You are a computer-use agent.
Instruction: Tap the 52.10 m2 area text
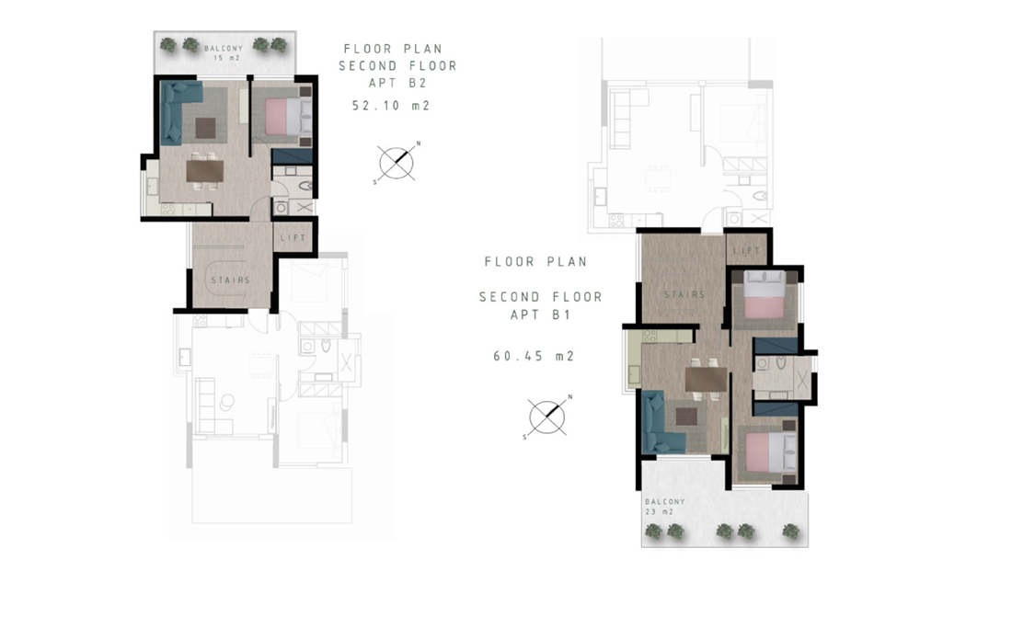pos(391,105)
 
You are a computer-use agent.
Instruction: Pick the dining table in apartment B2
pos(205,171)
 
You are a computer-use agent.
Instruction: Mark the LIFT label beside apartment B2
pos(293,237)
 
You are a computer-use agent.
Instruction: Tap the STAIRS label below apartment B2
pos(230,280)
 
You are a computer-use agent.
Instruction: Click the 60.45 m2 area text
pos(534,356)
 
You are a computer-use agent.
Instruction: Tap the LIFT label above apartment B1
pos(747,250)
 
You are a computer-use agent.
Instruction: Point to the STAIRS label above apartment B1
pos(684,294)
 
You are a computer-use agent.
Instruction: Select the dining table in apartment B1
pos(706,379)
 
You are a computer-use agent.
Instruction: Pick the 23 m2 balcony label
pos(659,512)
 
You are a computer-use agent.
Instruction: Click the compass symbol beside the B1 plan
pos(546,417)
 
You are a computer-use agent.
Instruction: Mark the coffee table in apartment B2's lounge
pos(205,128)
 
